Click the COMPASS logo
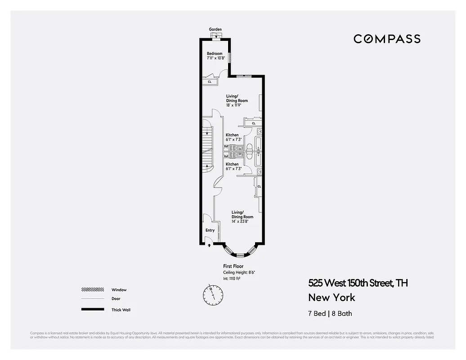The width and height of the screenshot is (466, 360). (x=387, y=39)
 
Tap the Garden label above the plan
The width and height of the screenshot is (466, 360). (x=215, y=29)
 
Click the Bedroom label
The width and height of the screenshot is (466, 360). (x=215, y=54)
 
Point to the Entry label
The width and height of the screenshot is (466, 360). (x=210, y=230)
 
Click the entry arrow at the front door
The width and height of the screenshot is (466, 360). (x=209, y=245)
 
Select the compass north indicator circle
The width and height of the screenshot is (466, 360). (x=213, y=294)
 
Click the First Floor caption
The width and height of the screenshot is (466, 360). (x=233, y=266)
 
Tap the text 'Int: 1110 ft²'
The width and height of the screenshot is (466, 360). (x=232, y=279)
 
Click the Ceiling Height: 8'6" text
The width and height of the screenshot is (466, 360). (x=239, y=273)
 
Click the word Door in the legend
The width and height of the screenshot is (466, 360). (x=116, y=299)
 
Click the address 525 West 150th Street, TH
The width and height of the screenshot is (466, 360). (x=358, y=283)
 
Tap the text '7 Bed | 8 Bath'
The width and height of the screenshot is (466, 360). (x=333, y=314)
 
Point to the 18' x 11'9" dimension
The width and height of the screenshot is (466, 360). (x=237, y=105)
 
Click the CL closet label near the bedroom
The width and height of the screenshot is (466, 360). (x=210, y=82)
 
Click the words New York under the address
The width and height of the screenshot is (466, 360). (x=332, y=297)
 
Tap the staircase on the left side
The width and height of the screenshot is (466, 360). (x=208, y=148)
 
